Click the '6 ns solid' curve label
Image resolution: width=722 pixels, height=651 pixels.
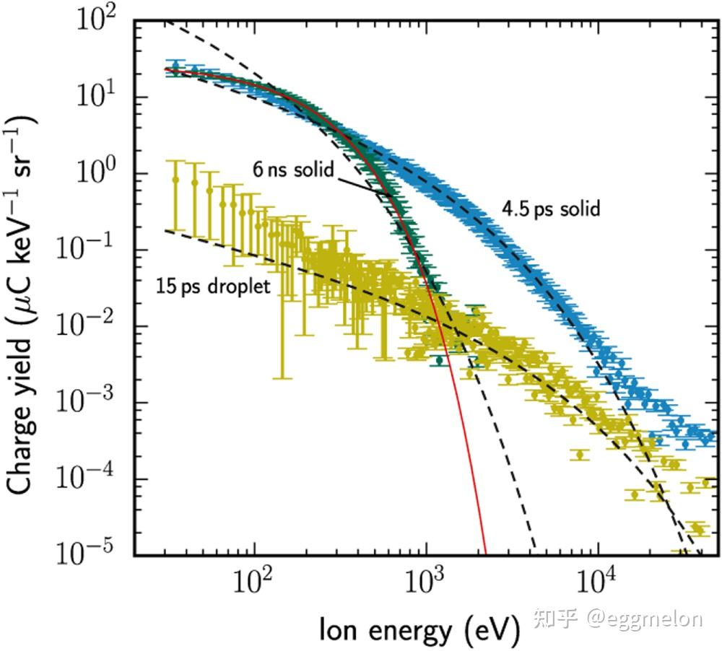click(x=293, y=170)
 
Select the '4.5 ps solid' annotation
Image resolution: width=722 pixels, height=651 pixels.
click(x=551, y=209)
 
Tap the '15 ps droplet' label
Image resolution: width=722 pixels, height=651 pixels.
click(x=213, y=286)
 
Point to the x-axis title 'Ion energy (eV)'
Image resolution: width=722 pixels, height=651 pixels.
click(x=419, y=629)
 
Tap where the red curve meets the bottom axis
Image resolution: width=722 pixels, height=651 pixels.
click(x=486, y=554)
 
